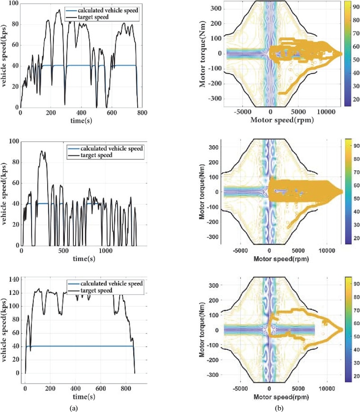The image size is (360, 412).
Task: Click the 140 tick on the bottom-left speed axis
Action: (13, 280)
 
